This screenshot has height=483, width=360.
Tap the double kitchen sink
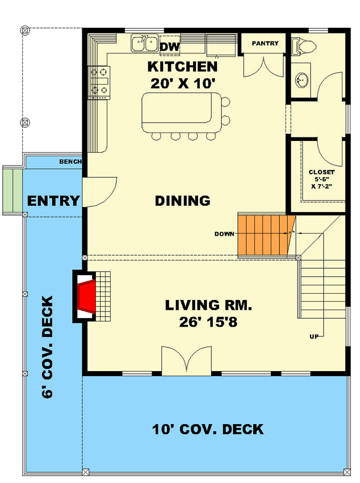(x=144, y=43)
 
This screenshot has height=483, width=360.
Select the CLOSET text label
(x=321, y=172)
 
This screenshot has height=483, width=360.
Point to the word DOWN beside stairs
(x=225, y=234)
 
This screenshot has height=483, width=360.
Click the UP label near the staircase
(x=313, y=336)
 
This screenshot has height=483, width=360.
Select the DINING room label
(x=183, y=201)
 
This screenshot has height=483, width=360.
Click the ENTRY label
(x=53, y=201)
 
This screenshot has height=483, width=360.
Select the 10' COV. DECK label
(x=208, y=429)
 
